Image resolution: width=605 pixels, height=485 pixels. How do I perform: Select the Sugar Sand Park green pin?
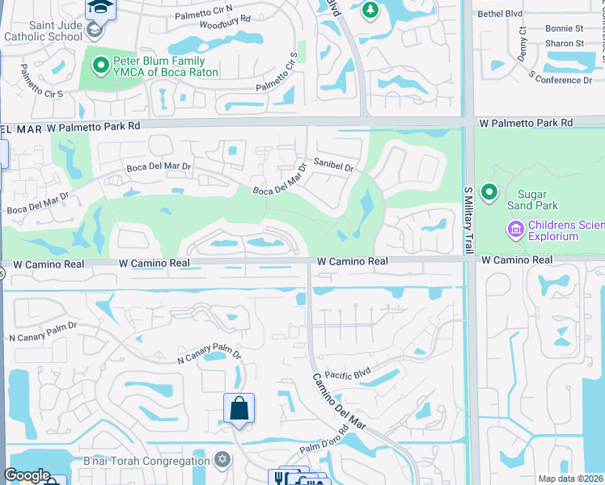[489, 192]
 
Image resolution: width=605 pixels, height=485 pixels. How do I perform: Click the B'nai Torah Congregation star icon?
[222, 461]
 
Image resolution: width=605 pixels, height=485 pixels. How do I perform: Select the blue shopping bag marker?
[239, 407]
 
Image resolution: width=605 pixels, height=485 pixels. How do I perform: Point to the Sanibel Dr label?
[334, 167]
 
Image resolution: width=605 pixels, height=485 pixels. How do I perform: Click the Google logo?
[27, 475]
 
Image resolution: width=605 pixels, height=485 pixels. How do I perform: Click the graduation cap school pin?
[100, 8]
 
